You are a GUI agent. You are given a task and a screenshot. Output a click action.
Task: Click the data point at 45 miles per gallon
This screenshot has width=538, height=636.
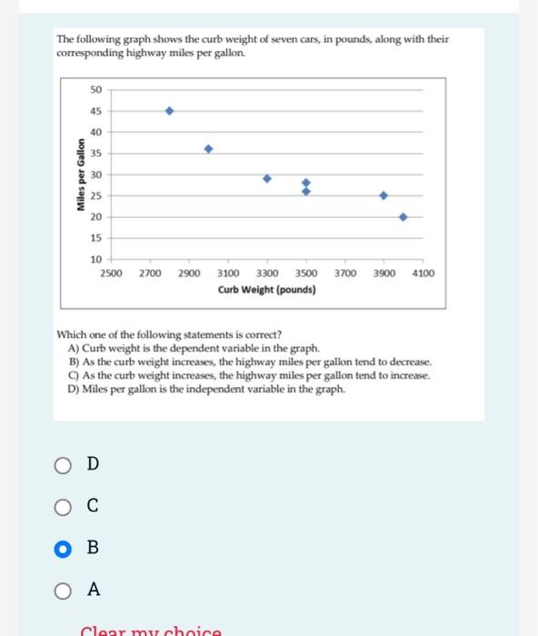point(168,111)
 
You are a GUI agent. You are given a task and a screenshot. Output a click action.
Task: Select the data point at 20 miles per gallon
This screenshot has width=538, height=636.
point(403,217)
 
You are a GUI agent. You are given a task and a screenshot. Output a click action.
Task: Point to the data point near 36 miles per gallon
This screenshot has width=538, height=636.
point(208,148)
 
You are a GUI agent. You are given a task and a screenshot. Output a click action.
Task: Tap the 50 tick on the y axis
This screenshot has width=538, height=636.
point(95,89)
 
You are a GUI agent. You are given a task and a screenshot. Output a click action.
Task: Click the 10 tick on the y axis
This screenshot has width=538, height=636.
point(95,259)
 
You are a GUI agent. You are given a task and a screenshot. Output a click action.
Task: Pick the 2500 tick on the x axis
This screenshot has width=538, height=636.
point(111,273)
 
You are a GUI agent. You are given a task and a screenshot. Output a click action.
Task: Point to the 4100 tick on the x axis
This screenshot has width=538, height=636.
point(423,273)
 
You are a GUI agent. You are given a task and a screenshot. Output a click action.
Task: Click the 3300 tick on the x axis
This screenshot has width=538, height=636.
point(267,273)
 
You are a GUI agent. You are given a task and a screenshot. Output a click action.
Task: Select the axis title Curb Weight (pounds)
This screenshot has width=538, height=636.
point(267,290)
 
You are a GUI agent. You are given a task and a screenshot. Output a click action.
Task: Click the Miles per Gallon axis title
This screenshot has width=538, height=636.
point(80,174)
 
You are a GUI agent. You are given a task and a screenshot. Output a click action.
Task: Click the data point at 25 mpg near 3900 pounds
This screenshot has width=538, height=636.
point(384,195)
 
